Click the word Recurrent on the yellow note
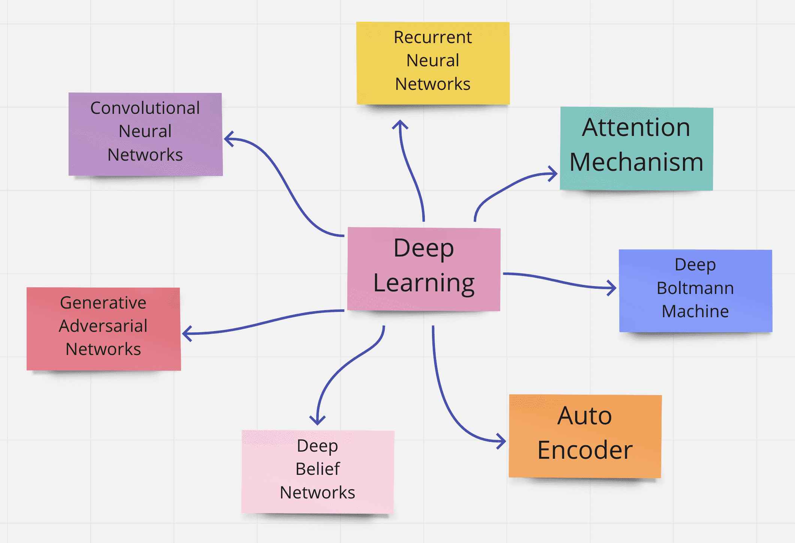coord(433,37)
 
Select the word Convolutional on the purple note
coord(145,108)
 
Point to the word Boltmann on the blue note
coord(695,288)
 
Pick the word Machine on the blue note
coord(695,311)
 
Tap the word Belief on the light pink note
coord(318,469)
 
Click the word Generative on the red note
coord(103,303)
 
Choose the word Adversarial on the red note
coord(103,326)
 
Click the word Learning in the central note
coord(424,283)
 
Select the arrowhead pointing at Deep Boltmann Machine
coord(612,288)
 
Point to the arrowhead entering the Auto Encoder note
coord(502,441)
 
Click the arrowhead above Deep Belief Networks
coord(317,421)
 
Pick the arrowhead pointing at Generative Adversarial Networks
coord(187,333)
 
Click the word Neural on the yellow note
coord(433,61)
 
